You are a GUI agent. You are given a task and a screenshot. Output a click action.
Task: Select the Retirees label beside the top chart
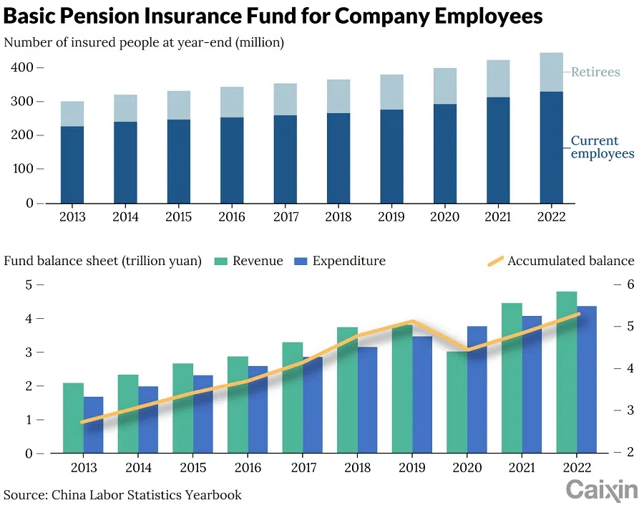pos(595,72)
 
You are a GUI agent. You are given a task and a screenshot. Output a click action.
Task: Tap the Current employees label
pos(602,147)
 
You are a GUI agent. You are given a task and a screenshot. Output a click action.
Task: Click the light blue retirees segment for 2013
pos(72,114)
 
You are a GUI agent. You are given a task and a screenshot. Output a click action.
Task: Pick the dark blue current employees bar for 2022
pos(551,147)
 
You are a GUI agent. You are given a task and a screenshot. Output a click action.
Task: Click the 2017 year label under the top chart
pos(286,217)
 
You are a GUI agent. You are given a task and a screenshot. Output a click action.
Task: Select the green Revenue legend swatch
pos(220,261)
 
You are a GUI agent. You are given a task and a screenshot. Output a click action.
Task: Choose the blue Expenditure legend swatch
pos(301,261)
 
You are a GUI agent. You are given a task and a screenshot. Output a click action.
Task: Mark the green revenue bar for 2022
pos(567,373)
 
